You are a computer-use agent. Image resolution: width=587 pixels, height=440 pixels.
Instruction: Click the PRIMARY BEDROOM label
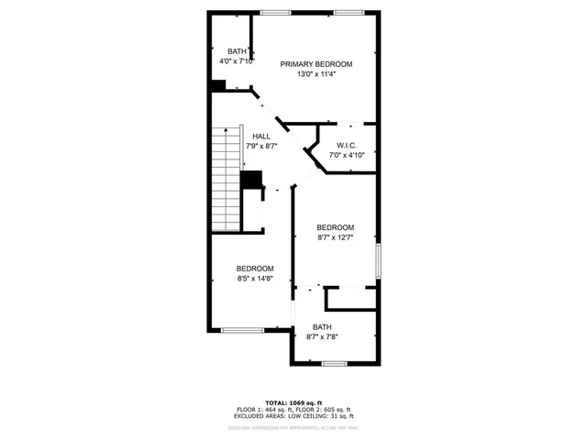[316, 64]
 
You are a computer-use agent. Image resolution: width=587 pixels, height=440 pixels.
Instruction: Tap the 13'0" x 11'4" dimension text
[316, 74]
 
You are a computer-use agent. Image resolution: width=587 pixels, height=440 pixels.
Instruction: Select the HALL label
[261, 137]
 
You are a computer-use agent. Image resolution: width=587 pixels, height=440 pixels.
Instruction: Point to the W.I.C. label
[347, 146]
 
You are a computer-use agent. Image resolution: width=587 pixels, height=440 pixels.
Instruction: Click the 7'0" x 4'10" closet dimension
[347, 156]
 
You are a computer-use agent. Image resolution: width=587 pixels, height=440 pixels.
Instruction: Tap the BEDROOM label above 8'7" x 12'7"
[336, 227]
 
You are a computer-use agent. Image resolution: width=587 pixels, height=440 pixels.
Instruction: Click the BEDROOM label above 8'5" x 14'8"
[256, 269]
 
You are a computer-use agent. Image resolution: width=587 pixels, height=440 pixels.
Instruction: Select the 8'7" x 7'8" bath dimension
[322, 336]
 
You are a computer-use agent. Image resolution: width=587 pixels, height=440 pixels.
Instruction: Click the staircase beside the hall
[225, 180]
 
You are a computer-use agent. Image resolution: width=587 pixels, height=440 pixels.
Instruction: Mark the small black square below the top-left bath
[218, 86]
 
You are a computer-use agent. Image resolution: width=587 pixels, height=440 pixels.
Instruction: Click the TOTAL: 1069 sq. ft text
[293, 403]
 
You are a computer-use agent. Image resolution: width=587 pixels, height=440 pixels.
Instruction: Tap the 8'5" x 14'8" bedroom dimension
[256, 279]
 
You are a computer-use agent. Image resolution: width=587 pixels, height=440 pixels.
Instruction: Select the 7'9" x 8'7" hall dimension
[261, 147]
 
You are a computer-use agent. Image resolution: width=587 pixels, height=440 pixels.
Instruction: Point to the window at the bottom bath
[334, 363]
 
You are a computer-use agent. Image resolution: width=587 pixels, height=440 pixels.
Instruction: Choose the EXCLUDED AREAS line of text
[293, 418]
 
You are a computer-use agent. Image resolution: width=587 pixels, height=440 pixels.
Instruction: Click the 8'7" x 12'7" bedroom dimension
[336, 237]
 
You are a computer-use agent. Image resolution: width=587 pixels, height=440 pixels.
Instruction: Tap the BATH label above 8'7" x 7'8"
[322, 326]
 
